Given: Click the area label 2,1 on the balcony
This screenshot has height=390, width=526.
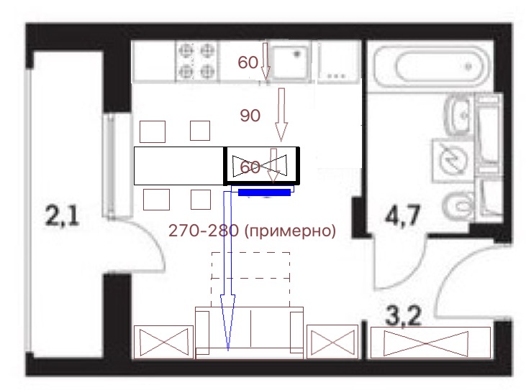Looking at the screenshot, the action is [62, 216].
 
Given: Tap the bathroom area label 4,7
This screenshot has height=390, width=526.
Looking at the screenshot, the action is [402, 216].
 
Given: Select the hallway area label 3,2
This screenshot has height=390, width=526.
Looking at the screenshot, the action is [403, 315].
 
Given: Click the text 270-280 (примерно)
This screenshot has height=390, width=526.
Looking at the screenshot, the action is [252, 231].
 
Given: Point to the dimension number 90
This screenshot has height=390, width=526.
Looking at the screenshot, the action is [250, 116].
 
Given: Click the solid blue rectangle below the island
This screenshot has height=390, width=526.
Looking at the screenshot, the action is [264, 192].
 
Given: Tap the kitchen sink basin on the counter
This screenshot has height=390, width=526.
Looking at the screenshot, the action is [289, 62].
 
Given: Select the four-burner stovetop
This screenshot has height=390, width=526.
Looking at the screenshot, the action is [197, 61].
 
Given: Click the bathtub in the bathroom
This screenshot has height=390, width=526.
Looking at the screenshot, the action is [432, 67].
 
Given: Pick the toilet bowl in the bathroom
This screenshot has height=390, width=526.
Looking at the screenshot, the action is [458, 205].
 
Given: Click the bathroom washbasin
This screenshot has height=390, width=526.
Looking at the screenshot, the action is [458, 114].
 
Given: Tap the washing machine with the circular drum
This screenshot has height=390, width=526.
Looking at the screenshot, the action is [453, 159].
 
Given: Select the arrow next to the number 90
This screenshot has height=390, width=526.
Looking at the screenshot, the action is [281, 114].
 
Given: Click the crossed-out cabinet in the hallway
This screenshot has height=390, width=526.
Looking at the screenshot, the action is [430, 343].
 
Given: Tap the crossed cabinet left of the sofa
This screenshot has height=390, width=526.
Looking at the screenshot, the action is [164, 342].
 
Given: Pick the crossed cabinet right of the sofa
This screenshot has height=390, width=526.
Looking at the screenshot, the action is [332, 342].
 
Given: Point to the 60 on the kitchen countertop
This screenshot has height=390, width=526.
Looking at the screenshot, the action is [248, 62].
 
